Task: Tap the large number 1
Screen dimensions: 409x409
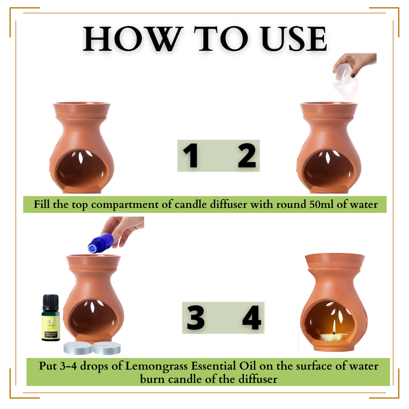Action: tap(191, 156)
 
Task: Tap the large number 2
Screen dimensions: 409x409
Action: tap(247, 156)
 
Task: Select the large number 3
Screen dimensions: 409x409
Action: tap(196, 318)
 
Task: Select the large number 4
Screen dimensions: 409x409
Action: tap(252, 318)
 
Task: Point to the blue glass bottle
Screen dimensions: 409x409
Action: tap(100, 243)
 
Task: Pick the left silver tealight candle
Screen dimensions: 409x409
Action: tap(77, 348)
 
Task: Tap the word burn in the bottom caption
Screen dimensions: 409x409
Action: tap(152, 378)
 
